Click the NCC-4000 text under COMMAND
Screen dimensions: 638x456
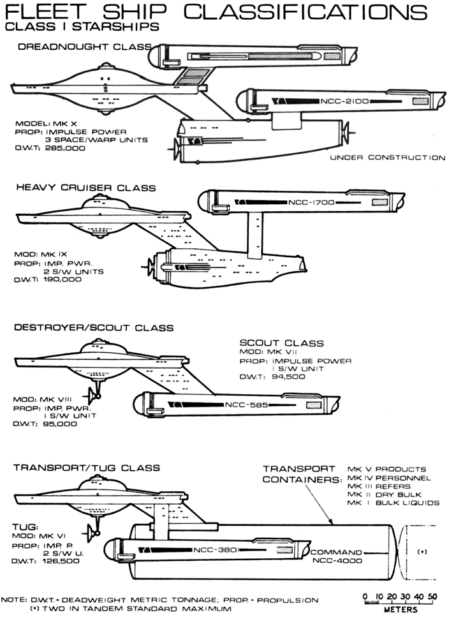point(337,561)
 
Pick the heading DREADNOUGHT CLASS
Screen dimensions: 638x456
point(84,47)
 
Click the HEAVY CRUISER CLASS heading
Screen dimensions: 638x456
point(85,188)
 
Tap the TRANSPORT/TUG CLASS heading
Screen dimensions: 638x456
point(87,468)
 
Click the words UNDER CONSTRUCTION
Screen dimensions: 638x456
point(387,158)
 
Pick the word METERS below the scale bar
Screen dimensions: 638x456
point(401,610)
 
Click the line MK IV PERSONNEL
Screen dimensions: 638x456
point(389,478)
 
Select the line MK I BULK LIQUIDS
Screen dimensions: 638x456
point(393,503)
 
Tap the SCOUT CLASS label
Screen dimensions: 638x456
point(281,343)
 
